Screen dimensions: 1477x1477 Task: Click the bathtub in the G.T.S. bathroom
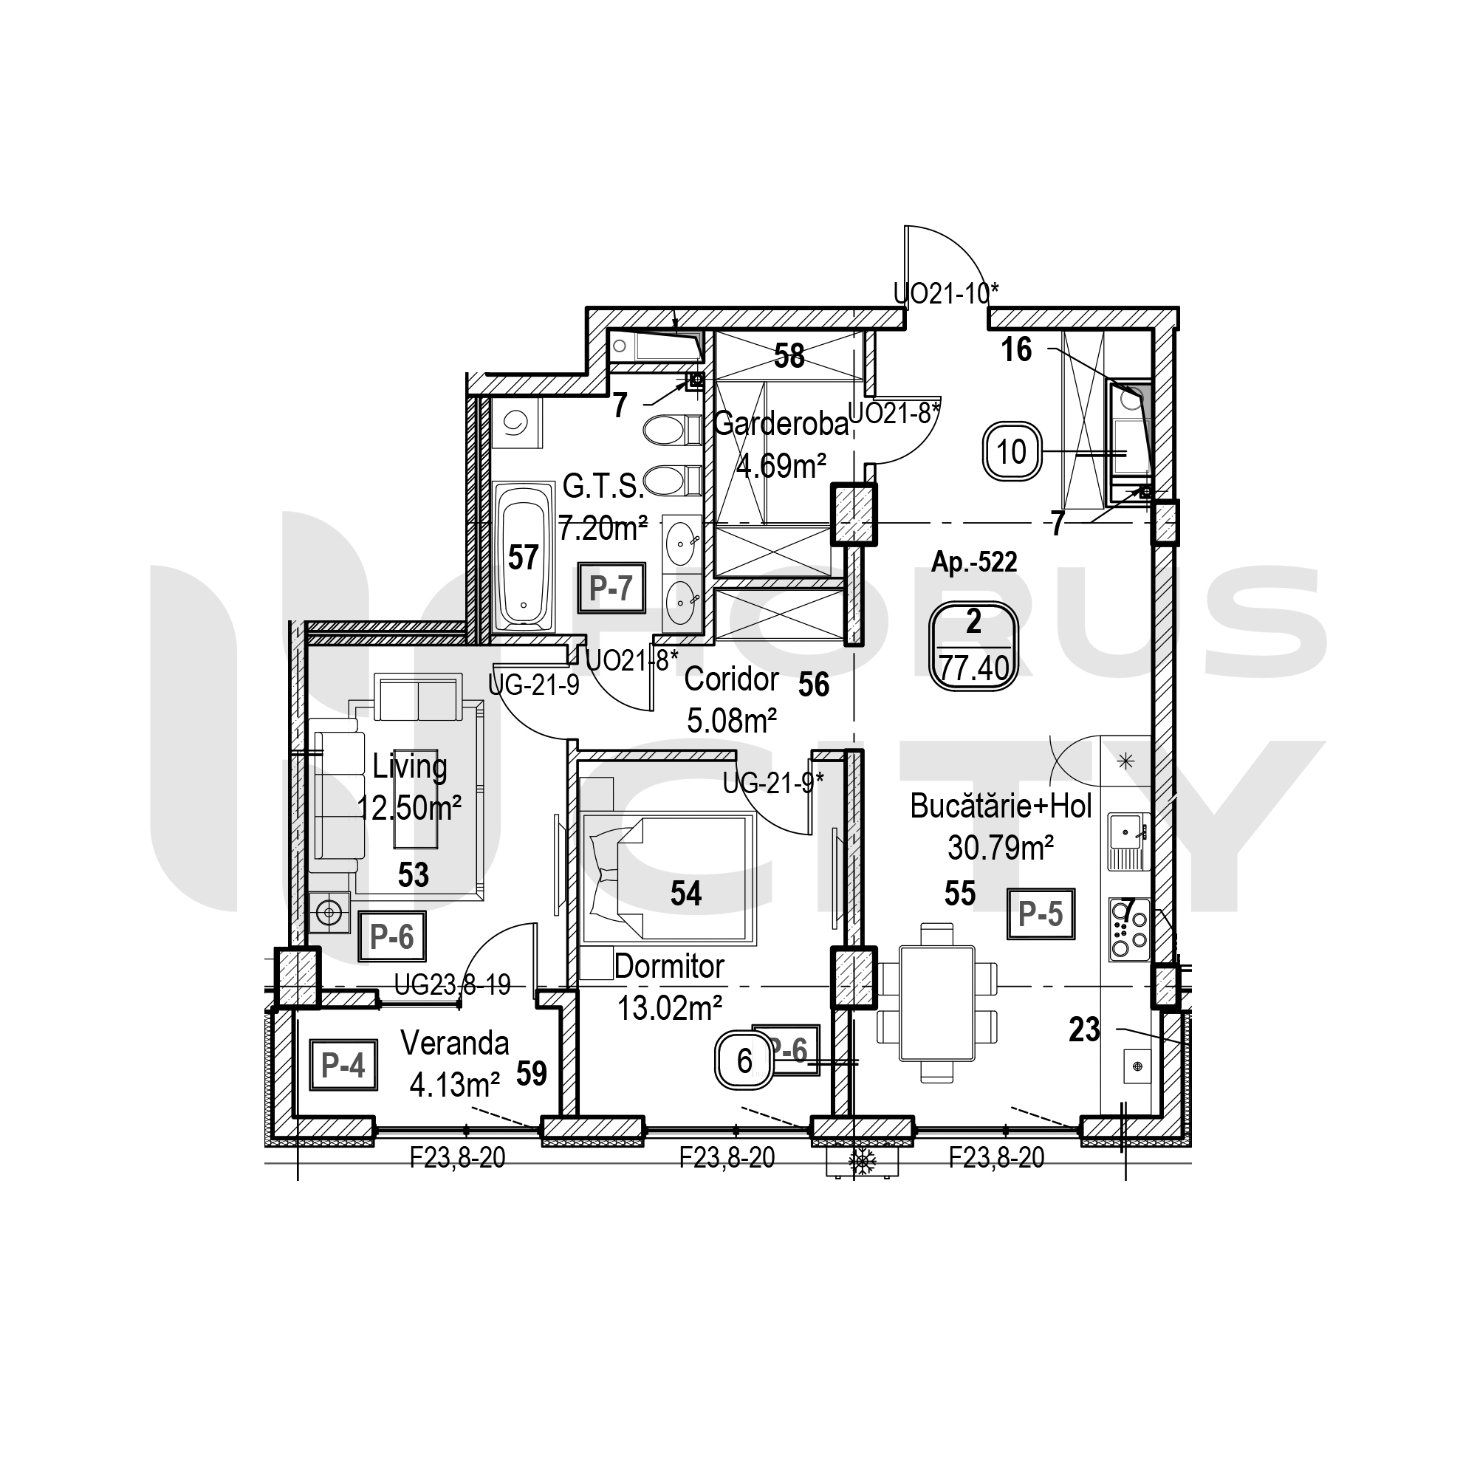524,557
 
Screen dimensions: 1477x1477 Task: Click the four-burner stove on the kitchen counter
1129,929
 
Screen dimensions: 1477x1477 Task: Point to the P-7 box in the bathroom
611,588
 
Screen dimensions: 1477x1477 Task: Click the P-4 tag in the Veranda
343,1064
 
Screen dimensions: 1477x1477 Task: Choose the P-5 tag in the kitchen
1041,914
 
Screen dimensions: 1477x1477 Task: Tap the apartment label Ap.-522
974,563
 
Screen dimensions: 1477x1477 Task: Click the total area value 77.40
975,669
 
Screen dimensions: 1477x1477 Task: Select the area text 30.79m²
1001,848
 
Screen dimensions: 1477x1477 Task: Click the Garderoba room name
781,423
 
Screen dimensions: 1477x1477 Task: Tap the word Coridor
732,679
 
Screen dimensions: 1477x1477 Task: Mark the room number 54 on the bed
686,893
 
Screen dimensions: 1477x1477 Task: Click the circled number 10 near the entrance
1012,453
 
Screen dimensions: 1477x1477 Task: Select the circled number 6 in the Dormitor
744,1061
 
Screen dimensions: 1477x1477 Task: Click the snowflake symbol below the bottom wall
863,1160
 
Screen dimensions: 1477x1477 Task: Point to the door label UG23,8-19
453,985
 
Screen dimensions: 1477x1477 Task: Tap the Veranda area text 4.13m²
454,1085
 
